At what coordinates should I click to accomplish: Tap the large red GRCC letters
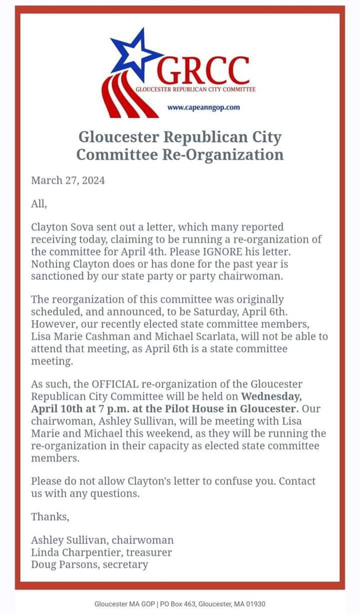pyautogui.click(x=204, y=71)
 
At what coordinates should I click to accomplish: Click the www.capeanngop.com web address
pyautogui.click(x=204, y=107)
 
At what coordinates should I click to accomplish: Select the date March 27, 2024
pyautogui.click(x=68, y=180)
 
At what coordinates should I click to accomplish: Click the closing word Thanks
pyautogui.click(x=50, y=516)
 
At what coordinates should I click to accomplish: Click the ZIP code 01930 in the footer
pyautogui.click(x=255, y=604)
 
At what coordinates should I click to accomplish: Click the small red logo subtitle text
pyautogui.click(x=196, y=89)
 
